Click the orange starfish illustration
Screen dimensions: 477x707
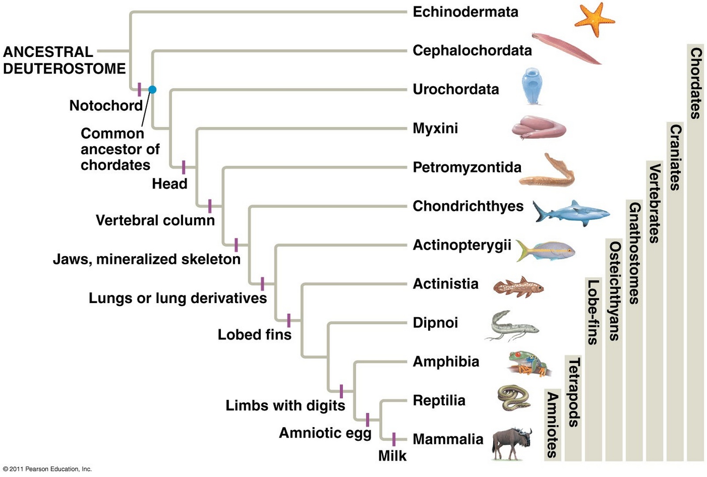[x=593, y=19]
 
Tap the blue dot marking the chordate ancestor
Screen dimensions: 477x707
[x=152, y=90]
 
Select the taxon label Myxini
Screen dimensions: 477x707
[x=435, y=129]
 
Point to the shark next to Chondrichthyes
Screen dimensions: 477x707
[x=570, y=213]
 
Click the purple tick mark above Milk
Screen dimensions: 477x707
[x=394, y=439]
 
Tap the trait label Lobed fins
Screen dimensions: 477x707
[x=255, y=335]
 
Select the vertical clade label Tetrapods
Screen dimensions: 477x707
[x=574, y=393]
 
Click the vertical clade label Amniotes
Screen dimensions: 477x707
[x=552, y=424]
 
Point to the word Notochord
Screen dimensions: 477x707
[x=106, y=106]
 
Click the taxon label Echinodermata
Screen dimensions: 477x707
[x=465, y=12]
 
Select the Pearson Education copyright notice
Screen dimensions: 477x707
[x=47, y=469]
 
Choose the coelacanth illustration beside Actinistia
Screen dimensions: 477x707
[x=518, y=287]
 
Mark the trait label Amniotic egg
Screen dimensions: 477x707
[x=325, y=433]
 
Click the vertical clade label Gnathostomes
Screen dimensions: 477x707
[x=635, y=253]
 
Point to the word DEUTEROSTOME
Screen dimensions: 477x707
[x=65, y=68]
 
